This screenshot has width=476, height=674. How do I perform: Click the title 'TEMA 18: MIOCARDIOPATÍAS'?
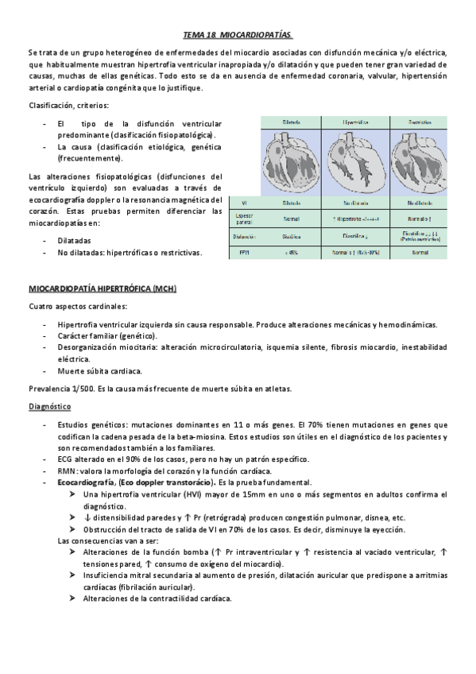click(x=238, y=35)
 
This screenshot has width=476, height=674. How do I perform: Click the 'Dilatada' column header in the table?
click(x=291, y=123)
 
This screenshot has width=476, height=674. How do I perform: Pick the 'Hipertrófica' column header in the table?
click(x=354, y=123)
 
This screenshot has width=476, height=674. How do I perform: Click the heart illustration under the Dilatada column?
click(x=291, y=161)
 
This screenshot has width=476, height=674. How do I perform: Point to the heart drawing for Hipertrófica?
click(x=354, y=161)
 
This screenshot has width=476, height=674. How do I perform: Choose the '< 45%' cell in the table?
click(x=291, y=253)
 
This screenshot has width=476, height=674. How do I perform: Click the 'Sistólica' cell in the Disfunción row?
click(x=291, y=236)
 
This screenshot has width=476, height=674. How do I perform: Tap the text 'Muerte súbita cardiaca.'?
click(x=100, y=370)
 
